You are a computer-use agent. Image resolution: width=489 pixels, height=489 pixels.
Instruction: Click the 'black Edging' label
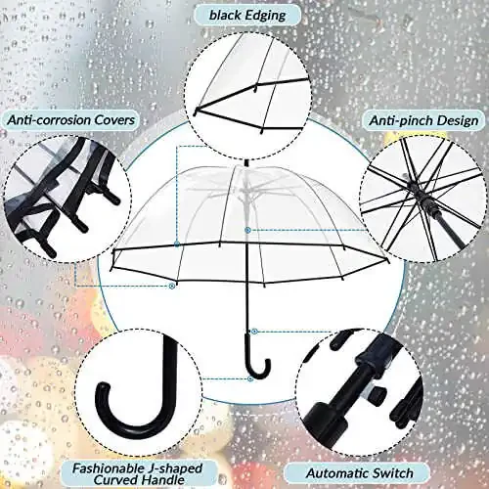(247, 16)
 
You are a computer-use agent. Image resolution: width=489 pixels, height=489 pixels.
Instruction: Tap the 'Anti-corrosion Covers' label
(71, 119)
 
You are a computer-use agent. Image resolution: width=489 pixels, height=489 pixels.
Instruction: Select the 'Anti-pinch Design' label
(423, 120)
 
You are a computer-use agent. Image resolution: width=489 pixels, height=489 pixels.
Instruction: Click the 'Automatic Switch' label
(360, 473)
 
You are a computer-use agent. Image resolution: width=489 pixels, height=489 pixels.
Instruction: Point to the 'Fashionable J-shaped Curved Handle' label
(137, 473)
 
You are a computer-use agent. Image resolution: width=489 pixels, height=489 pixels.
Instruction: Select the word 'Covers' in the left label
(114, 119)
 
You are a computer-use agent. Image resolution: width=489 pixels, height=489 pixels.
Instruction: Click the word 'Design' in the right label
(458, 121)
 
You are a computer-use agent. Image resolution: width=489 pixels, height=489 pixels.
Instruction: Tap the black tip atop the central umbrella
(246, 163)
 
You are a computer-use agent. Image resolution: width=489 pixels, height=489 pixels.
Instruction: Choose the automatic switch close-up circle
(358, 391)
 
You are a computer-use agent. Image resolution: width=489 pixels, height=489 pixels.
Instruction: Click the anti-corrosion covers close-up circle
(67, 199)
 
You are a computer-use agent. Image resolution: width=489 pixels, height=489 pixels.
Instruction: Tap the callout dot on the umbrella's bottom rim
(171, 286)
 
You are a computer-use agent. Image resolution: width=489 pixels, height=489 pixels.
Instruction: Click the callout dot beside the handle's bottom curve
(250, 378)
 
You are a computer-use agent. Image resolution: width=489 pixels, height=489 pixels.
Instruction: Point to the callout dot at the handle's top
(255, 332)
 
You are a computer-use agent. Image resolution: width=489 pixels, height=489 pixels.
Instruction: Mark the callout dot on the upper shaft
(247, 230)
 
